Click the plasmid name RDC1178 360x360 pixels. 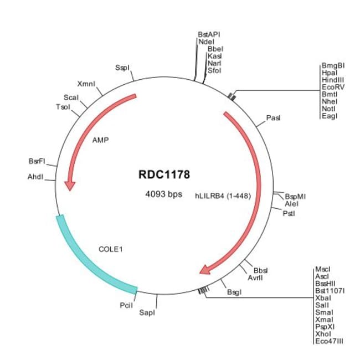pos(164,174)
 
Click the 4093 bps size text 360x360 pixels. pos(164,194)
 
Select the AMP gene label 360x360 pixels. pos(100,140)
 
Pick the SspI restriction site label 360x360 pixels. pos(122,68)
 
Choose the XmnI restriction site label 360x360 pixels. pos(86,84)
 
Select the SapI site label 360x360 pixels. pos(147,313)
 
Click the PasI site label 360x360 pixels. pos(274,118)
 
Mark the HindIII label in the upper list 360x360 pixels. pos(332,79)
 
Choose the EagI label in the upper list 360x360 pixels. pos(329,115)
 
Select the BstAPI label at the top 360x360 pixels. pos(209,34)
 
